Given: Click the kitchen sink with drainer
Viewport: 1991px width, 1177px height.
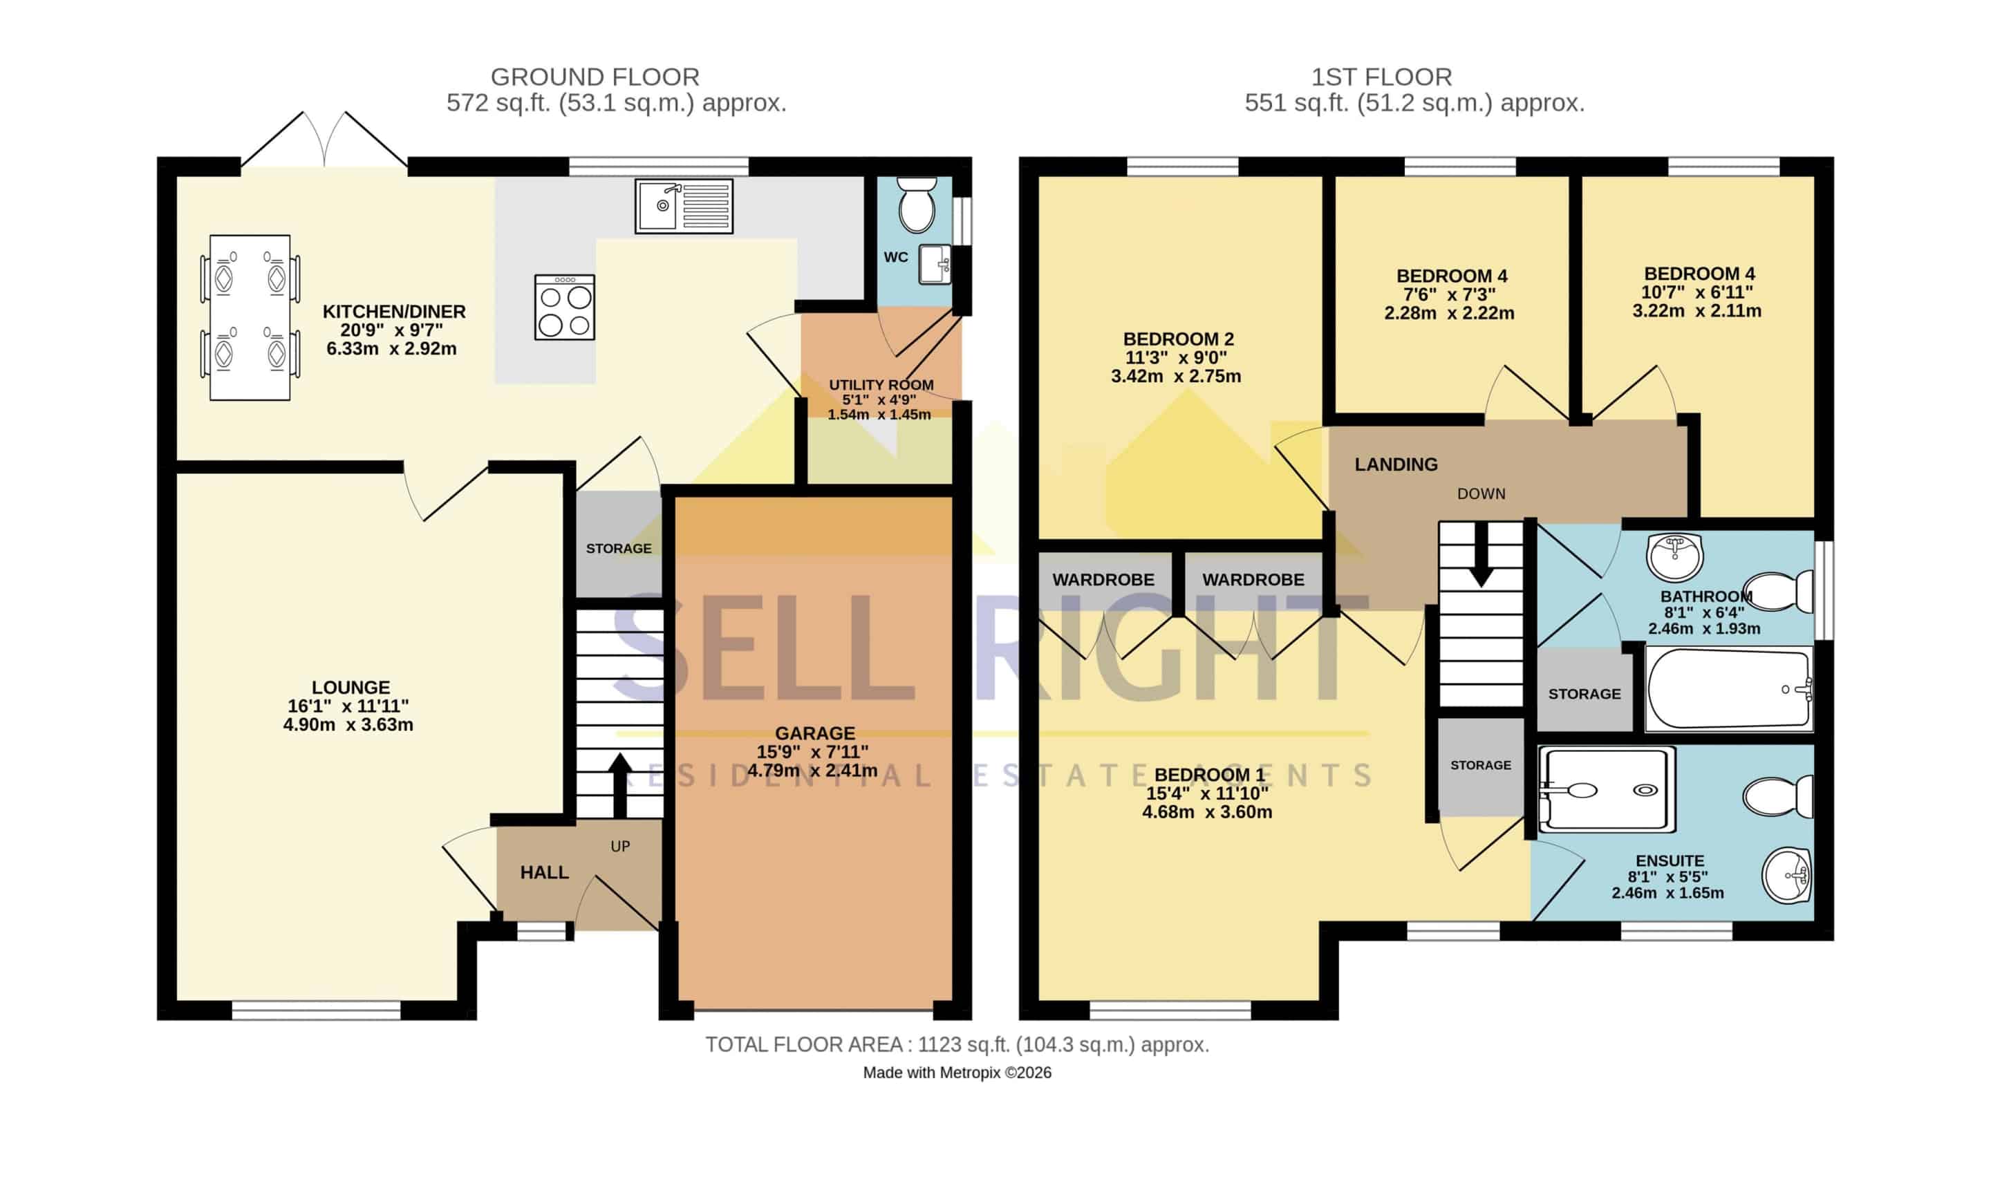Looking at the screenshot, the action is tap(684, 206).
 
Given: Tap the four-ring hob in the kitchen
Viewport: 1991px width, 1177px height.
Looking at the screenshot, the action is tap(565, 308).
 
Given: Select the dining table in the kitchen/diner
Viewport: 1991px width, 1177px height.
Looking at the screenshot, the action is tap(250, 317).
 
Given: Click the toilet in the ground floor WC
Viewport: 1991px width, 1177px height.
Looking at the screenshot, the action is tap(917, 204).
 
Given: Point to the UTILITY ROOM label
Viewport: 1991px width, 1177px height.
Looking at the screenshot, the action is tap(881, 385).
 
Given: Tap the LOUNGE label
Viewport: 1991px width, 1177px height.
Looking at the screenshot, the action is tap(350, 688).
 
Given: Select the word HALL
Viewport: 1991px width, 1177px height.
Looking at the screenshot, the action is tap(544, 872).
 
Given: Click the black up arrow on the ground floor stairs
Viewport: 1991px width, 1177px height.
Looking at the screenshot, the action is tap(620, 784).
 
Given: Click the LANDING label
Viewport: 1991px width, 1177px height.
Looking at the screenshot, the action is tap(1396, 464).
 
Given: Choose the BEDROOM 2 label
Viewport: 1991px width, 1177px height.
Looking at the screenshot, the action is tap(1178, 339).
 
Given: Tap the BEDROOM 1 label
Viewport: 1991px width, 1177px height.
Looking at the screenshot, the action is tap(1210, 775).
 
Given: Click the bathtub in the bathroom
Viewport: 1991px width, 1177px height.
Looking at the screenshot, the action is tap(1729, 688).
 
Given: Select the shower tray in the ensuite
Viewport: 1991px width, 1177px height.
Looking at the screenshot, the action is tap(1607, 790).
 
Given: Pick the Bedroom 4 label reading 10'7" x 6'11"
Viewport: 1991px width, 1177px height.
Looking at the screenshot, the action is tap(1697, 292).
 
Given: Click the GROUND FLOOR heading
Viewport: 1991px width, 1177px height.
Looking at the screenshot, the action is tap(595, 77).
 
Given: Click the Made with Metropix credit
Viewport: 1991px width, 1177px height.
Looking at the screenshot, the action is tap(957, 1073).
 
